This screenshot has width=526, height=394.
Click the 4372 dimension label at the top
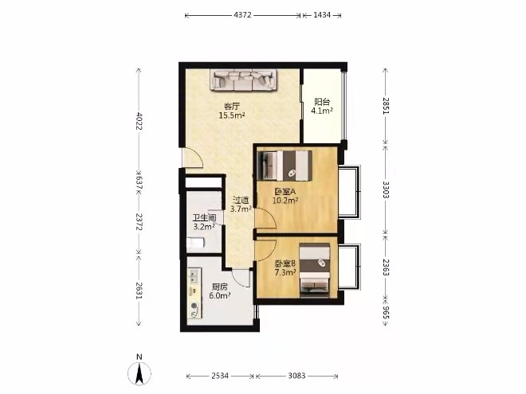242,15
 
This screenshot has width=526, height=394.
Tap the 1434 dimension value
322,15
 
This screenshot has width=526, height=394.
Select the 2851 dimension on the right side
386,106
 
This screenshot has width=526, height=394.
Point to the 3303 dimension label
386,189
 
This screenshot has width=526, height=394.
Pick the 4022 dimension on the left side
139,121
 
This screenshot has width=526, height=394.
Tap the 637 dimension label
139,182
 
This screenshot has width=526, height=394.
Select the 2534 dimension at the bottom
220,376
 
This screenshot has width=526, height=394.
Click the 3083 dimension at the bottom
297,376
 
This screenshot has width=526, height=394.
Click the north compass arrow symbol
139,373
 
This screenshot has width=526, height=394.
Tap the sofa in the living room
244,80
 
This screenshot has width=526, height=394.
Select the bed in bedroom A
285,166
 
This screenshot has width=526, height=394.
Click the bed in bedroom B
315,271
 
